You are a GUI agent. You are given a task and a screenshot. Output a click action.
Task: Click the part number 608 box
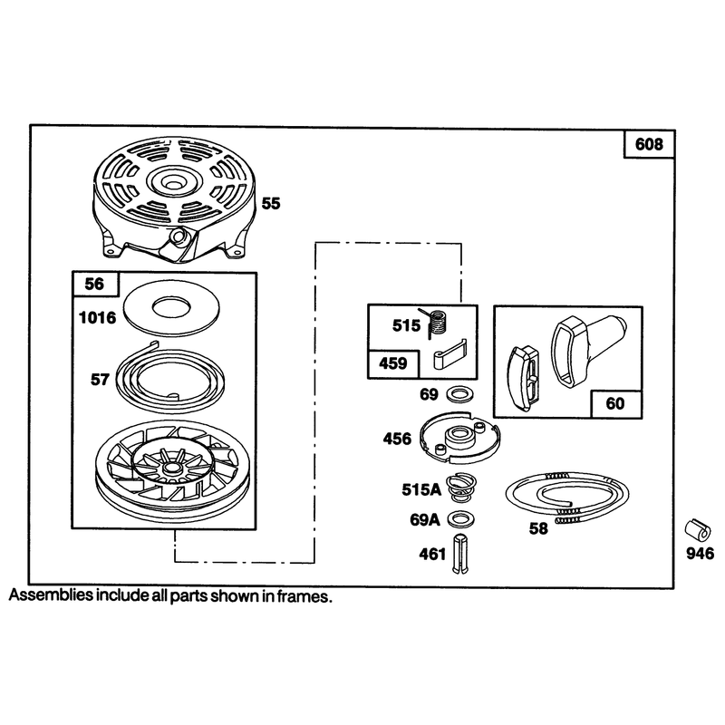click(649, 144)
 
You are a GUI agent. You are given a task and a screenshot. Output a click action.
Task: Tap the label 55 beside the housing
click(271, 203)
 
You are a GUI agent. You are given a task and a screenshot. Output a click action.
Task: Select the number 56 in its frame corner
click(95, 284)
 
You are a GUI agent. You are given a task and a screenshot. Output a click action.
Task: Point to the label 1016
click(98, 318)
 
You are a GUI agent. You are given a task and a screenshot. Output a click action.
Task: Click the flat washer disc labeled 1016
click(172, 306)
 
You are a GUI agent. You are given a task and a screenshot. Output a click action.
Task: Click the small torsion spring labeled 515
click(436, 322)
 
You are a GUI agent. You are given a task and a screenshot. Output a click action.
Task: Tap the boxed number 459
click(393, 363)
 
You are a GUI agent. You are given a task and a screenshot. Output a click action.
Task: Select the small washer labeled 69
click(459, 394)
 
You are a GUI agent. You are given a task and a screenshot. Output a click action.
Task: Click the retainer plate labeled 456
click(460, 437)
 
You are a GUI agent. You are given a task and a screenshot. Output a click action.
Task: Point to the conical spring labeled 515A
click(461, 488)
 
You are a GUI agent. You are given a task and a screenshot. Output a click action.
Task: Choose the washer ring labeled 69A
click(461, 518)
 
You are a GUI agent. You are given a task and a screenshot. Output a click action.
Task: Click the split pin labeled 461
click(460, 554)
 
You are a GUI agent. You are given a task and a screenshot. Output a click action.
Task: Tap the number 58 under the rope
click(538, 528)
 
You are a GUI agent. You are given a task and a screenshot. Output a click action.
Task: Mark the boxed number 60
click(615, 403)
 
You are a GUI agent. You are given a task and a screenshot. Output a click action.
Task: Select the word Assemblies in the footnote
click(51, 594)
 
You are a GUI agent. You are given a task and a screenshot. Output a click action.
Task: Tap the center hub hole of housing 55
click(173, 185)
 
